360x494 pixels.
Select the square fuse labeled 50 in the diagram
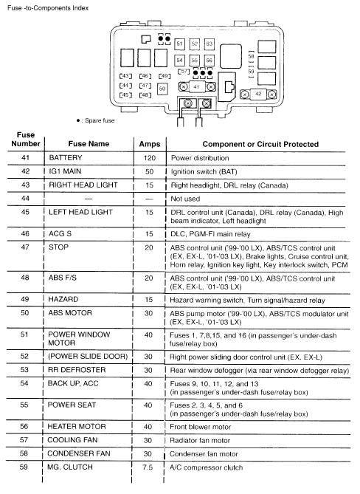point(162,88)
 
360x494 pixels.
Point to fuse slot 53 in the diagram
point(209,44)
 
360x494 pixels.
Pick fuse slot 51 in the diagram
point(179,44)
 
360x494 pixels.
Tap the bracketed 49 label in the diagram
point(164,76)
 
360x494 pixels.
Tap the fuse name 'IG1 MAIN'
point(66,171)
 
